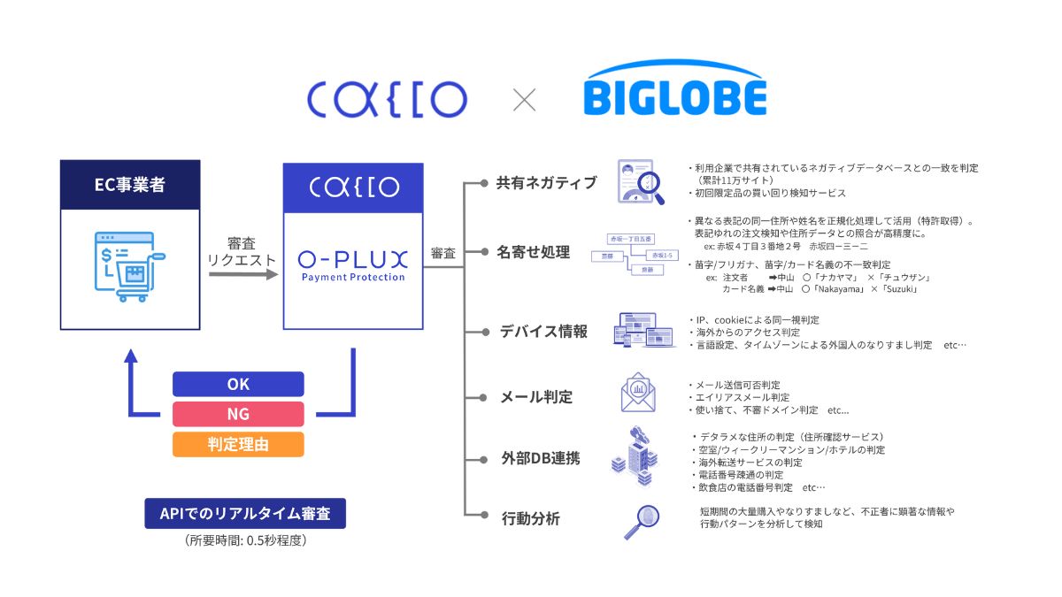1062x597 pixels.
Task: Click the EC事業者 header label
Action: tap(130, 187)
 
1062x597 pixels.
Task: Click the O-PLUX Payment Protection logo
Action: tap(353, 264)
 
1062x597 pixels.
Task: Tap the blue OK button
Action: tap(238, 384)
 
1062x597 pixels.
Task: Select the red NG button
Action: tap(238, 414)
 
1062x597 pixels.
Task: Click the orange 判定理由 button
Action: tap(238, 444)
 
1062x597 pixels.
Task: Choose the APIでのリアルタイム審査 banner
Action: tap(244, 514)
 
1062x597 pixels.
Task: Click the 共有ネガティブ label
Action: tap(546, 183)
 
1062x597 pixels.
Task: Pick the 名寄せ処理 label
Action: tap(534, 252)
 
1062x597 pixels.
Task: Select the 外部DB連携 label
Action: tap(540, 459)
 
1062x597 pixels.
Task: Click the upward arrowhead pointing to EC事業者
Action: tap(131, 356)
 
